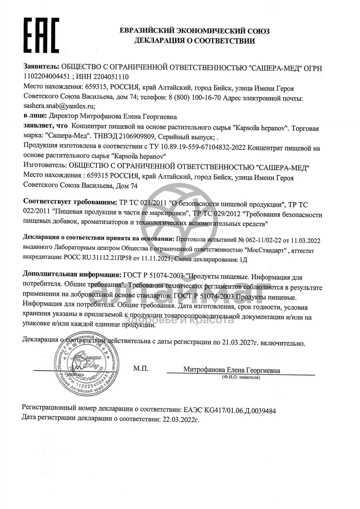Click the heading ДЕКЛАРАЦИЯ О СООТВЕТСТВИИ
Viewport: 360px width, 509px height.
pyautogui.click(x=194, y=40)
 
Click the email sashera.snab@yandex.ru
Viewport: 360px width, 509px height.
pyautogui.click(x=59, y=106)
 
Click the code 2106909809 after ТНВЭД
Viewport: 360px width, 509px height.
pyautogui.click(x=136, y=136)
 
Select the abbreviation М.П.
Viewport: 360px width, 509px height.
pyautogui.click(x=140, y=369)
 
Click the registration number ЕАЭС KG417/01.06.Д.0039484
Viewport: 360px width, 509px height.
pyautogui.click(x=230, y=410)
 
